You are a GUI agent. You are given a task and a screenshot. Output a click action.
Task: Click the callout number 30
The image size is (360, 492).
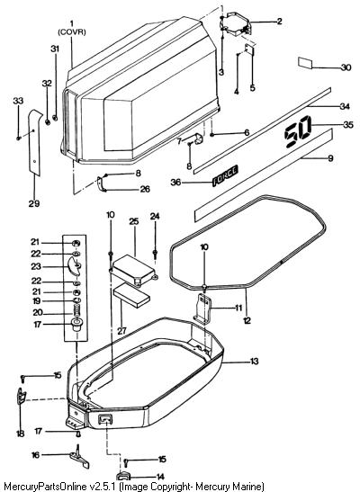click(x=346, y=67)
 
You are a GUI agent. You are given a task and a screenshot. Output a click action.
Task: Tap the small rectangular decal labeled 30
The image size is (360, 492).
click(x=305, y=63)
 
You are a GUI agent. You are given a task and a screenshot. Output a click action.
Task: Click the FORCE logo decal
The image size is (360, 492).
click(x=225, y=175)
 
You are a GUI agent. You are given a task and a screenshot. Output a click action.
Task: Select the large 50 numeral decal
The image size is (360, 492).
click(x=298, y=131)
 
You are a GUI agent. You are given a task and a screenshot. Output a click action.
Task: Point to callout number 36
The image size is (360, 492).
click(x=175, y=182)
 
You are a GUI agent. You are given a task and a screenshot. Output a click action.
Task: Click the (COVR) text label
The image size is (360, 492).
click(x=72, y=32)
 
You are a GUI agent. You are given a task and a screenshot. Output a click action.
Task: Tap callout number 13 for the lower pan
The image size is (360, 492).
click(x=254, y=362)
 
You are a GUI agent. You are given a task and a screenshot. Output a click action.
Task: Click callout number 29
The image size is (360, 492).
click(x=34, y=203)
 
